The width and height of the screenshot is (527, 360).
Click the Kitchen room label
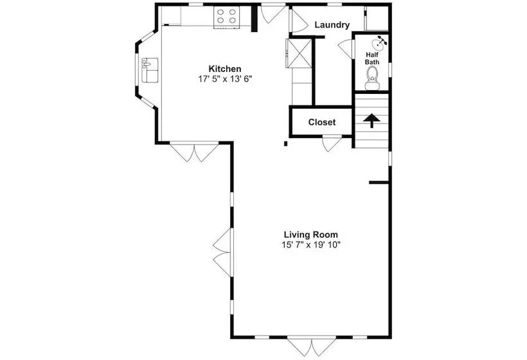click(x=225, y=69)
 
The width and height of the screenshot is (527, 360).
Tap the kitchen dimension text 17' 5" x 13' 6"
click(x=225, y=79)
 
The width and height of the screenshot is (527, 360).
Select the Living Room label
click(x=311, y=235)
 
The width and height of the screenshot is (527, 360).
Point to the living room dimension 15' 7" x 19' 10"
click(x=311, y=245)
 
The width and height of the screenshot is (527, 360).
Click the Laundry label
click(x=332, y=25)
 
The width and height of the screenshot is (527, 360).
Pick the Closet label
click(x=321, y=122)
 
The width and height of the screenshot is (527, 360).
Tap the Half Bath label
click(x=372, y=58)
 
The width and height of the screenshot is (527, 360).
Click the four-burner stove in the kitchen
click(x=226, y=17)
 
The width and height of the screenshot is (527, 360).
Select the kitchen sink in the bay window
click(x=150, y=70)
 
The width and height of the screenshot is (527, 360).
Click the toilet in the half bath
click(x=372, y=78)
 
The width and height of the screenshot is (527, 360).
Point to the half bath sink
click(x=379, y=42)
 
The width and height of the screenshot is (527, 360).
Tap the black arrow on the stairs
click(x=371, y=121)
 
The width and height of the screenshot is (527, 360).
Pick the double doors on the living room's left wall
click(x=222, y=253)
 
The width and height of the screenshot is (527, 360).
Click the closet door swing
click(x=332, y=143)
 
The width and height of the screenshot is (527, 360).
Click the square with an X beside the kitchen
click(x=299, y=53)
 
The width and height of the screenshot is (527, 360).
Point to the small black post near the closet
click(x=286, y=144)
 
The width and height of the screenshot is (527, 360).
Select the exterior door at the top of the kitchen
click(x=273, y=14)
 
